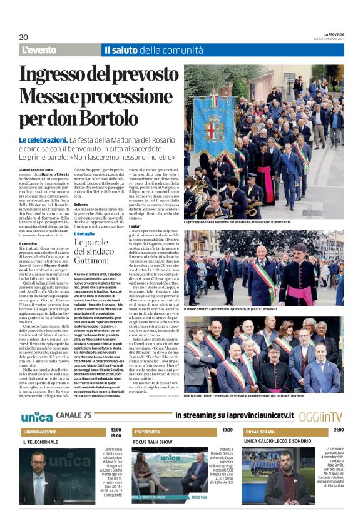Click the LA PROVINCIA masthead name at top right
click(x=333, y=34)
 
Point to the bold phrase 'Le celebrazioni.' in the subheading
click(x=43, y=140)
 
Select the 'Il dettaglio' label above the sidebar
click(x=86, y=233)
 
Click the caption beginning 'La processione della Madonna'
click(x=238, y=222)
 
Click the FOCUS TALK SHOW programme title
click(x=153, y=442)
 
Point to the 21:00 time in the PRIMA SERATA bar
click(x=338, y=430)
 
